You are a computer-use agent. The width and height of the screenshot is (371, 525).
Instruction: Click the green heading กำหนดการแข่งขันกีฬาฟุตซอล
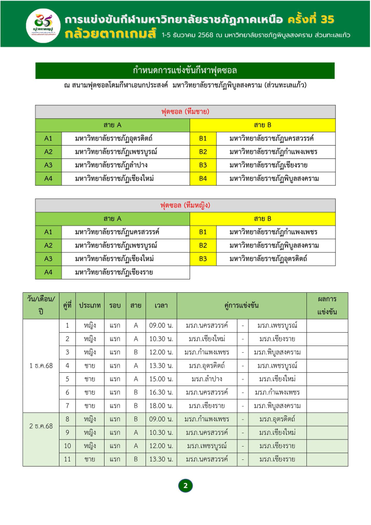[x=185, y=71]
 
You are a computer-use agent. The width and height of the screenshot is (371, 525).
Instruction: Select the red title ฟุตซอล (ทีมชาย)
[x=185, y=111]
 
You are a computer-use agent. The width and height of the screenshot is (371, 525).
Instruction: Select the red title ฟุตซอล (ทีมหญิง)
[x=185, y=205]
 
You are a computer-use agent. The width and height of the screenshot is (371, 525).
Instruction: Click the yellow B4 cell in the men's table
[x=203, y=178]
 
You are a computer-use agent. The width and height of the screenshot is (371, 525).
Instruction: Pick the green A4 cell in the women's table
[x=48, y=272]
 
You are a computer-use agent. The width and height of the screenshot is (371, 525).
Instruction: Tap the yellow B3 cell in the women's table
[x=203, y=259]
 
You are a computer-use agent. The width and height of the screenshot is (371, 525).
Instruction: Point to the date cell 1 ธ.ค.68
[x=41, y=366]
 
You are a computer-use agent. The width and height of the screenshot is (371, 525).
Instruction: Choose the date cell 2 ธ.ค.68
[x=41, y=426]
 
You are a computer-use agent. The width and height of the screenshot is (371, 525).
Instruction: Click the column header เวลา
[x=161, y=306]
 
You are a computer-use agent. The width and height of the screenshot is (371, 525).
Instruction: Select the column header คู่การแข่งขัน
[x=241, y=306]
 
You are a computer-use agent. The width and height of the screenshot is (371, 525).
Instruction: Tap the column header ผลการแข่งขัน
[x=327, y=306]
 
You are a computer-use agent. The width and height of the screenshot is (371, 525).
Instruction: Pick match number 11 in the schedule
[x=67, y=459]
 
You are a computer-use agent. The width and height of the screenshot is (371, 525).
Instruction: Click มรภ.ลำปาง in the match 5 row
[x=207, y=379]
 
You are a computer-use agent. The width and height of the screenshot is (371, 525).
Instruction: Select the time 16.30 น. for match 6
[x=161, y=392]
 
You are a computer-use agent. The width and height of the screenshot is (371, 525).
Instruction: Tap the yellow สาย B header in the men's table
[x=262, y=125]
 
